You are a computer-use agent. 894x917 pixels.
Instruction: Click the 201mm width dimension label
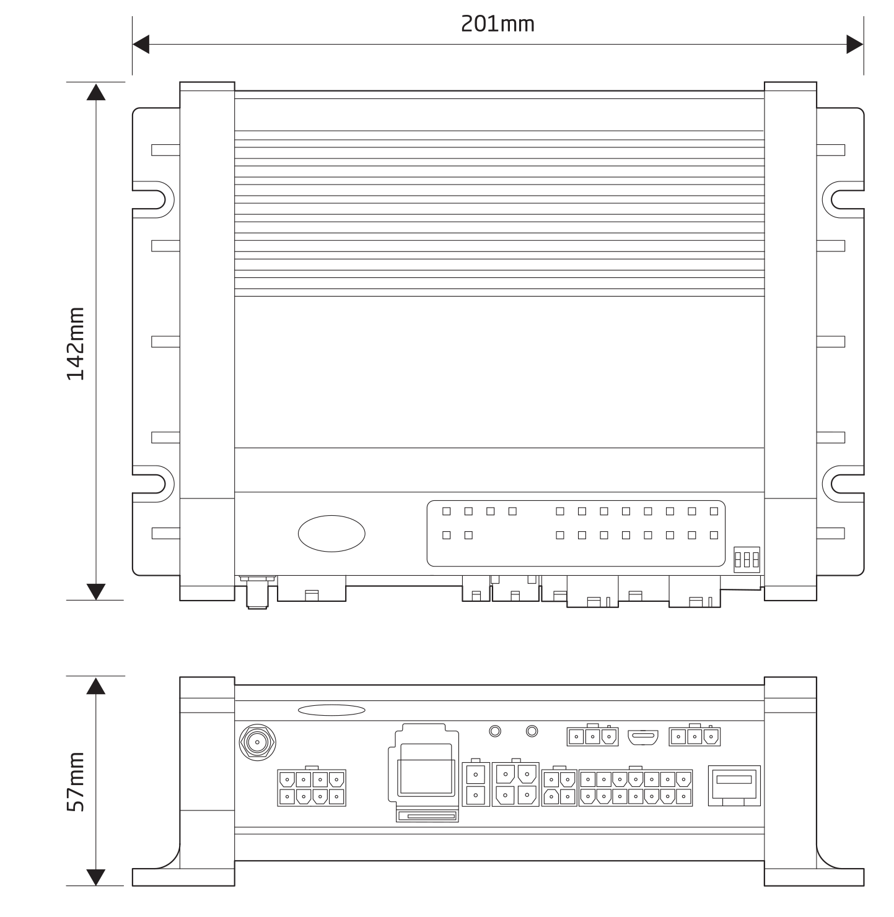(497, 24)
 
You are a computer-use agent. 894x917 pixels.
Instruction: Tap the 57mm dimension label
(76, 781)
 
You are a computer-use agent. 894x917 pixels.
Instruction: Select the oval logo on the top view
(331, 533)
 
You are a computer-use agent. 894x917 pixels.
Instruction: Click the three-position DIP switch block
(747, 559)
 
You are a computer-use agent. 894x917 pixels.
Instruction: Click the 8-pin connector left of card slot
(312, 788)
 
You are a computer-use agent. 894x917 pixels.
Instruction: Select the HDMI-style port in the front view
(643, 737)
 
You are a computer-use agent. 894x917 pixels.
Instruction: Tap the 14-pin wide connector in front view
(636, 788)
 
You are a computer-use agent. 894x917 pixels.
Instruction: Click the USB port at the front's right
(734, 785)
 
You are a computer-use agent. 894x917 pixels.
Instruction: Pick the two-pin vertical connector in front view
(476, 784)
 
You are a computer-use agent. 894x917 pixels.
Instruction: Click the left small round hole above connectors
(495, 731)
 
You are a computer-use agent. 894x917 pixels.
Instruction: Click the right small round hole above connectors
(532, 731)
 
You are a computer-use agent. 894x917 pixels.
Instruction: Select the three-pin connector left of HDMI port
(593, 737)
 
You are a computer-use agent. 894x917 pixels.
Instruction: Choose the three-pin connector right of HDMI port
(695, 737)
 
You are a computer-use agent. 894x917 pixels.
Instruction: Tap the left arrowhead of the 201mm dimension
(141, 45)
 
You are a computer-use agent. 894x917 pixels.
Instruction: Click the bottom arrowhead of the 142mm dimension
(96, 591)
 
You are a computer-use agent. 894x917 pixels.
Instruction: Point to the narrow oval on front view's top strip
(331, 710)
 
